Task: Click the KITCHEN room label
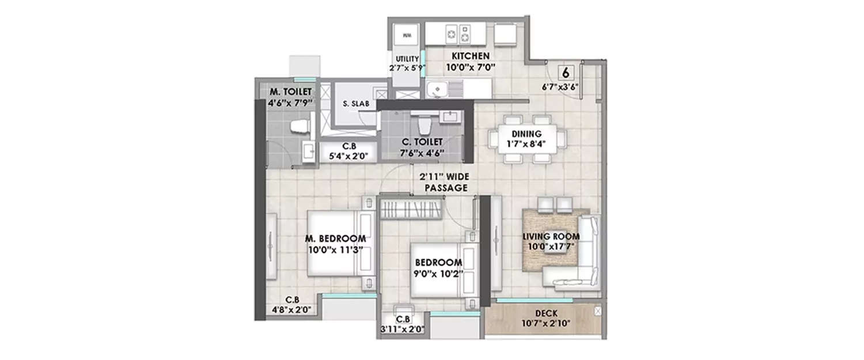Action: [x=470, y=56]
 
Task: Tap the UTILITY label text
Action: [x=407, y=59]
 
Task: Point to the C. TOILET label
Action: [x=423, y=142]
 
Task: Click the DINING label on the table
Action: [x=526, y=133]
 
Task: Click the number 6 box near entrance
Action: [x=567, y=73]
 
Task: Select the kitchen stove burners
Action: [x=457, y=35]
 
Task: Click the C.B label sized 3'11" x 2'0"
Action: [x=403, y=324]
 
